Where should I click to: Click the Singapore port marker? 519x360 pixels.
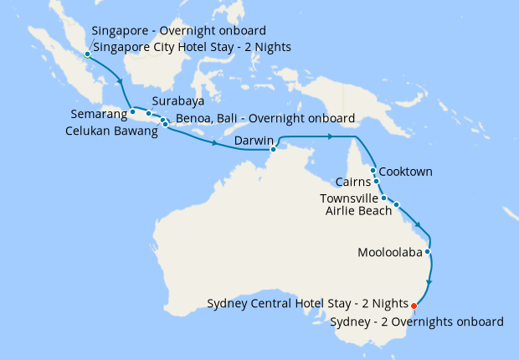click(x=87, y=55)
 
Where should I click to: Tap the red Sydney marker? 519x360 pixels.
click(x=414, y=306)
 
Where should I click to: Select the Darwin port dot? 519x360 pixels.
click(x=273, y=150)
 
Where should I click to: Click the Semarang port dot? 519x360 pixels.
click(x=132, y=111)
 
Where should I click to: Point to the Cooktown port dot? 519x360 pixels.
click(x=373, y=170)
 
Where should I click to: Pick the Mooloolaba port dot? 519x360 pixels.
click(x=428, y=251)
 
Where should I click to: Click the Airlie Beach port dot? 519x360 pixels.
click(x=397, y=204)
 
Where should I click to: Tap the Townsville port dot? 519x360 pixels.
click(x=384, y=198)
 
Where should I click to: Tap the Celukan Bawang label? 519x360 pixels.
click(x=111, y=131)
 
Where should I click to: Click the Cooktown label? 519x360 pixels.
click(x=406, y=172)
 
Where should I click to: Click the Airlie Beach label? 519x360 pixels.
click(x=358, y=211)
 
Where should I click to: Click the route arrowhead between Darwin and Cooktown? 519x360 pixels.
click(x=332, y=136)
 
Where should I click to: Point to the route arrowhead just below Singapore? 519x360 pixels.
click(x=122, y=82)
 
